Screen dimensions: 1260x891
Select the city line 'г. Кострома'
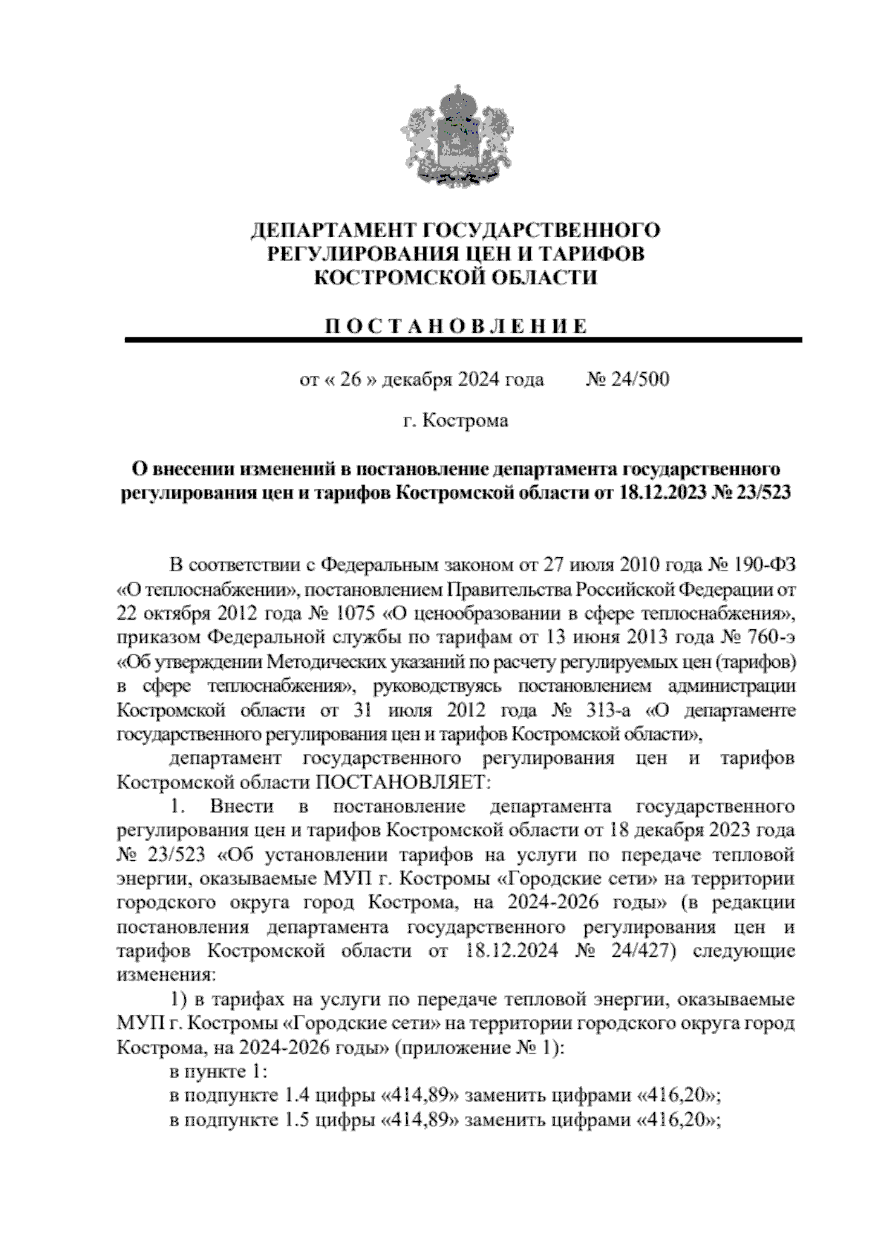(455, 421)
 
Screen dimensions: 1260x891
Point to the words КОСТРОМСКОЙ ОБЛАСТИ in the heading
(456, 278)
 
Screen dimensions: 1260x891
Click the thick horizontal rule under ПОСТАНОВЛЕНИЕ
(463, 340)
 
